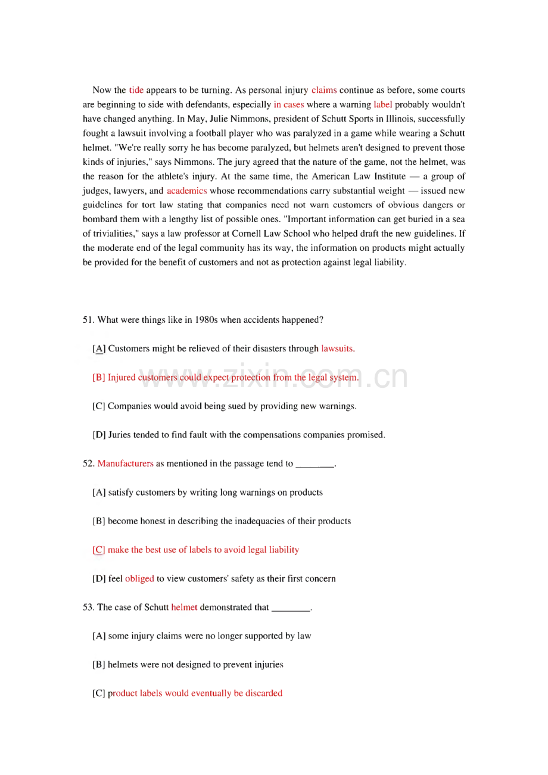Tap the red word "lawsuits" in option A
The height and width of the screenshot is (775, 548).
coord(338,348)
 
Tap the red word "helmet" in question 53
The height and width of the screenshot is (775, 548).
coord(183,608)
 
